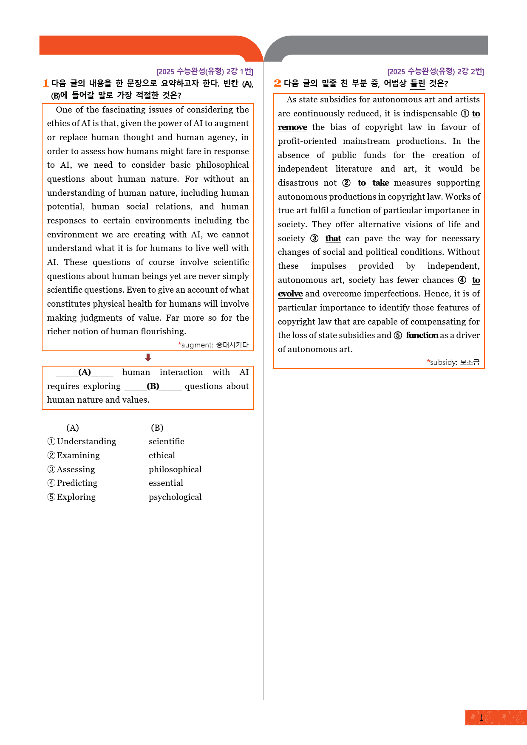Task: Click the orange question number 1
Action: [x=46, y=83]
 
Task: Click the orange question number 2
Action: [x=278, y=83]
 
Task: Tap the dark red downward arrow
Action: [x=148, y=358]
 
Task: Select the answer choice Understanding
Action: [x=86, y=441]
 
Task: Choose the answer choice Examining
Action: [x=78, y=455]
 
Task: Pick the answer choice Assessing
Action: [x=76, y=469]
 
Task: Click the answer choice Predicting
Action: [x=77, y=483]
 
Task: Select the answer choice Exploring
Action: [x=76, y=497]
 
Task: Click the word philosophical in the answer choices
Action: [x=175, y=469]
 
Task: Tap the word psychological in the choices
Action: [x=175, y=497]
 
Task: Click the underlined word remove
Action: [x=292, y=127]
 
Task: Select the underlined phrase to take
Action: [x=373, y=183]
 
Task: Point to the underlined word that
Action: [x=333, y=238]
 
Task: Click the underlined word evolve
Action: [x=290, y=294]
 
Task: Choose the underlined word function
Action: [x=422, y=335]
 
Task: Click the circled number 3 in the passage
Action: [x=314, y=238]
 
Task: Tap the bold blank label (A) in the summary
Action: [x=85, y=372]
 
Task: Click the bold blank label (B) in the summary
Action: [x=153, y=386]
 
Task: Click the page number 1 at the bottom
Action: [x=481, y=718]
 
